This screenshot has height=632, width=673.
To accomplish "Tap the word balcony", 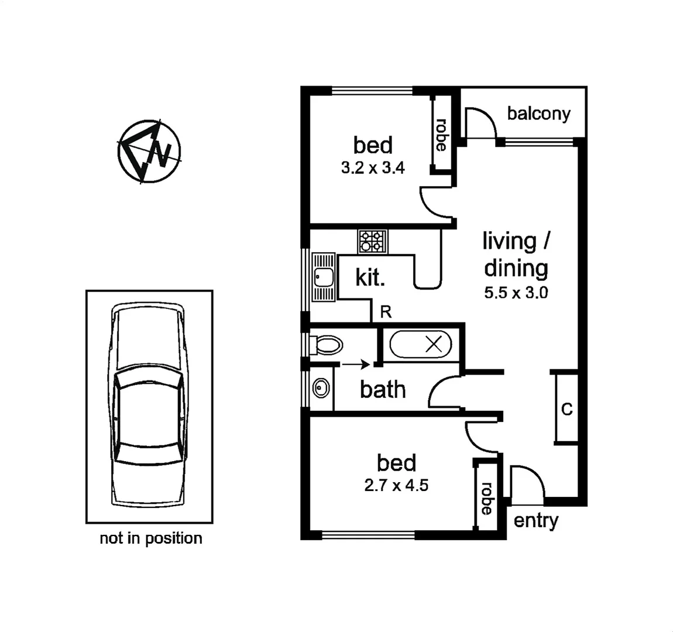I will [538, 114].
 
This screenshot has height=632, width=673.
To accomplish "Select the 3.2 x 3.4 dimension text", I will [373, 169].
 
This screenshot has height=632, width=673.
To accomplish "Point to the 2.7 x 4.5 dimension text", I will [396, 485].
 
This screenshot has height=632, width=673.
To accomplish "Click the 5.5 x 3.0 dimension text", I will [516, 293].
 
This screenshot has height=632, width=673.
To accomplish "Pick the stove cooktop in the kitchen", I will [373, 241].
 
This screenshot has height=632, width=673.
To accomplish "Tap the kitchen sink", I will [322, 277].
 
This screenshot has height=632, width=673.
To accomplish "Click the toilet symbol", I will [325, 345].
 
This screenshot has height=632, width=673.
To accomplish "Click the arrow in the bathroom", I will [355, 365].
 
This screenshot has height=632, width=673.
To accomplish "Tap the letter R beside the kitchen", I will [386, 312].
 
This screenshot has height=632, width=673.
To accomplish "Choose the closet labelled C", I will [566, 409].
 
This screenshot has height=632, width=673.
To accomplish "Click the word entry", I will [535, 520].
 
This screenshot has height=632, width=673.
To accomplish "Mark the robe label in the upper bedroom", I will [441, 135].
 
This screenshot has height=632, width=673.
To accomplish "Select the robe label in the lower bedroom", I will [486, 499].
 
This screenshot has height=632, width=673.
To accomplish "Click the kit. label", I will [370, 277].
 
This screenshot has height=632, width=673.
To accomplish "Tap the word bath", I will [383, 390].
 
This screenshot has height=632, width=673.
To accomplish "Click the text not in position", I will [151, 538].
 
